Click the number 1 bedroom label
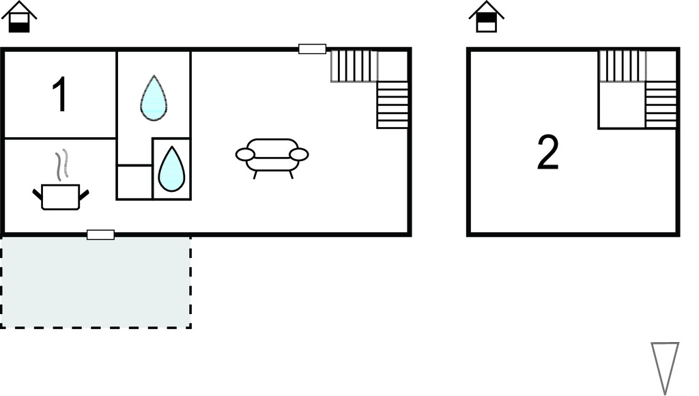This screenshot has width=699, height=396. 60,95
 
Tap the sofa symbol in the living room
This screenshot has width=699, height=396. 272,156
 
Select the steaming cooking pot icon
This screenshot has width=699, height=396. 61,196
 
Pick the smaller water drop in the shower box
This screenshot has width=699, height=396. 171,169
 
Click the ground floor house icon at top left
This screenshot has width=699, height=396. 19,17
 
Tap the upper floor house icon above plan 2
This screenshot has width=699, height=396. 486,17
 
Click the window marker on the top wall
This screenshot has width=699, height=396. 312,48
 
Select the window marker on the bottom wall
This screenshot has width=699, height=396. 100,235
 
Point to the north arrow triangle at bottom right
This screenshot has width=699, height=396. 664,366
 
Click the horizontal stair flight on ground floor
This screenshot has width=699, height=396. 354,66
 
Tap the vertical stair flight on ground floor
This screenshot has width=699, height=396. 393,104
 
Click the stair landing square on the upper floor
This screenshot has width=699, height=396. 621,104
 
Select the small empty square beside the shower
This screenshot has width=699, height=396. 134,182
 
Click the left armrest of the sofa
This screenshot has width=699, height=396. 245,155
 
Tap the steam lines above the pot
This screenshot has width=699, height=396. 61,165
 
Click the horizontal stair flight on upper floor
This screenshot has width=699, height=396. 621,66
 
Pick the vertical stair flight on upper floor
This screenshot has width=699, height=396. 661,104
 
